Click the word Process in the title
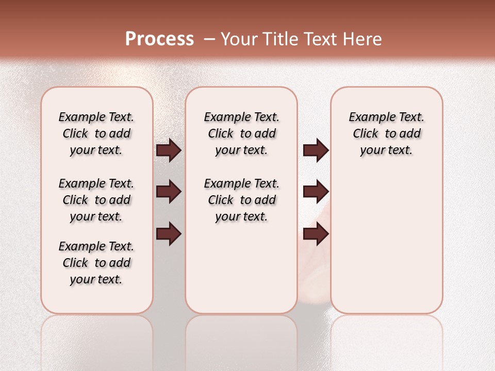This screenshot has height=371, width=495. tap(159, 39)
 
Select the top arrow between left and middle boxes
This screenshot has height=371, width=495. tap(169, 150)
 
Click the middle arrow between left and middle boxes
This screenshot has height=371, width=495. tap(169, 192)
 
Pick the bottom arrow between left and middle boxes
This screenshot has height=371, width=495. tap(169, 234)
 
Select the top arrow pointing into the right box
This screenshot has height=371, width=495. tap(316, 150)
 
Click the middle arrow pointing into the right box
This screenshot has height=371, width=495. tap(316, 192)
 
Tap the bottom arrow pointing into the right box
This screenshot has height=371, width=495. tap(316, 234)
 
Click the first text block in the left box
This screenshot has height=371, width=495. tap(96, 133)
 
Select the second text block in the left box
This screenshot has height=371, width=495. tap(96, 200)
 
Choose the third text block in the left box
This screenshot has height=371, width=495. tap(96, 263)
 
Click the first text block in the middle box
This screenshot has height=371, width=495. tap(242, 133)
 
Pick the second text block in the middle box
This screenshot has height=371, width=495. tap(242, 200)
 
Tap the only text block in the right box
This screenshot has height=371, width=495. tap(387, 133)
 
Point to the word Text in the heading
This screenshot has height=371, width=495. tap(321, 39)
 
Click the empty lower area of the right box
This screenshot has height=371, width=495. tap(387, 247)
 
